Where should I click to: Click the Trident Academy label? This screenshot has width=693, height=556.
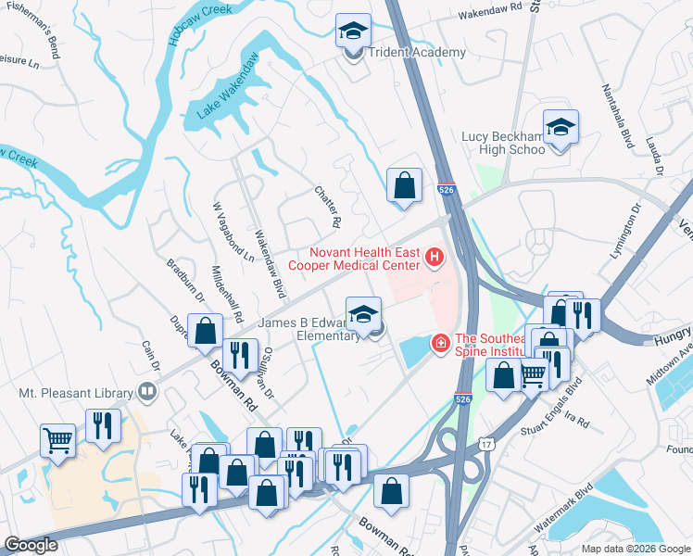coord(417,53)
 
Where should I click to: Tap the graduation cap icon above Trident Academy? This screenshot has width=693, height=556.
coord(353,32)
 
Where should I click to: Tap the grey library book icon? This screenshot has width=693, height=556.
coord(145,391)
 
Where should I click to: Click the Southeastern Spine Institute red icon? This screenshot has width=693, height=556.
coord(441,345)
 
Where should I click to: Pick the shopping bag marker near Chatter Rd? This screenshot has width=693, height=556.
coord(404,185)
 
